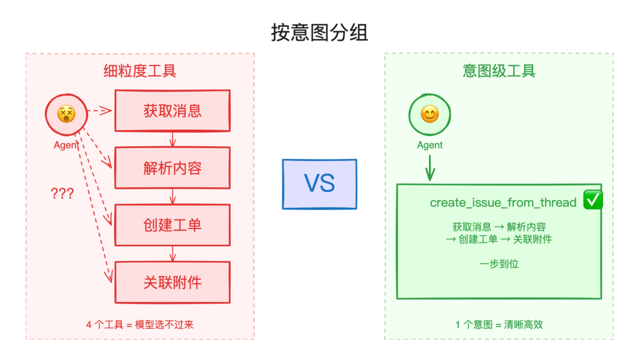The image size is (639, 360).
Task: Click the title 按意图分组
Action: [319, 33]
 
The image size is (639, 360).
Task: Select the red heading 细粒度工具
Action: [140, 71]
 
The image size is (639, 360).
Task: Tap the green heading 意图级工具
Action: [499, 71]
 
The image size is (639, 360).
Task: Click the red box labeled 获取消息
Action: [172, 111]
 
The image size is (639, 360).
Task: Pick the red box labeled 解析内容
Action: [172, 168]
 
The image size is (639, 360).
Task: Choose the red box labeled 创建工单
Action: [172, 225]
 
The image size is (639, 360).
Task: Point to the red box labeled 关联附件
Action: [172, 282]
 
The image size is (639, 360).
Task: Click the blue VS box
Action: [319, 184]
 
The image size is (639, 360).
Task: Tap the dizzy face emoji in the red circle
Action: [66, 114]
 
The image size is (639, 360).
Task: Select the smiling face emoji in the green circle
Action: [430, 114]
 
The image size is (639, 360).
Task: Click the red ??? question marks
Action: [62, 194]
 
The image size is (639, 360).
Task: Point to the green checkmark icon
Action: [593, 200]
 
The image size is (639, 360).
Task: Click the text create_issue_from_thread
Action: [503, 202]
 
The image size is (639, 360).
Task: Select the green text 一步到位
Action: [499, 264]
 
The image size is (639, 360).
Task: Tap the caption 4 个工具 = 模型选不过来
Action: [140, 324]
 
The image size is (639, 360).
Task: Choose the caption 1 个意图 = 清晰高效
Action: [499, 324]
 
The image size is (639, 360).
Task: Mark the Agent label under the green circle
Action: [430, 145]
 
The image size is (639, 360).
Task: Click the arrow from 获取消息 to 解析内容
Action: [172, 139]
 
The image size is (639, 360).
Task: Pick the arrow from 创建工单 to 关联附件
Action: [172, 254]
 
